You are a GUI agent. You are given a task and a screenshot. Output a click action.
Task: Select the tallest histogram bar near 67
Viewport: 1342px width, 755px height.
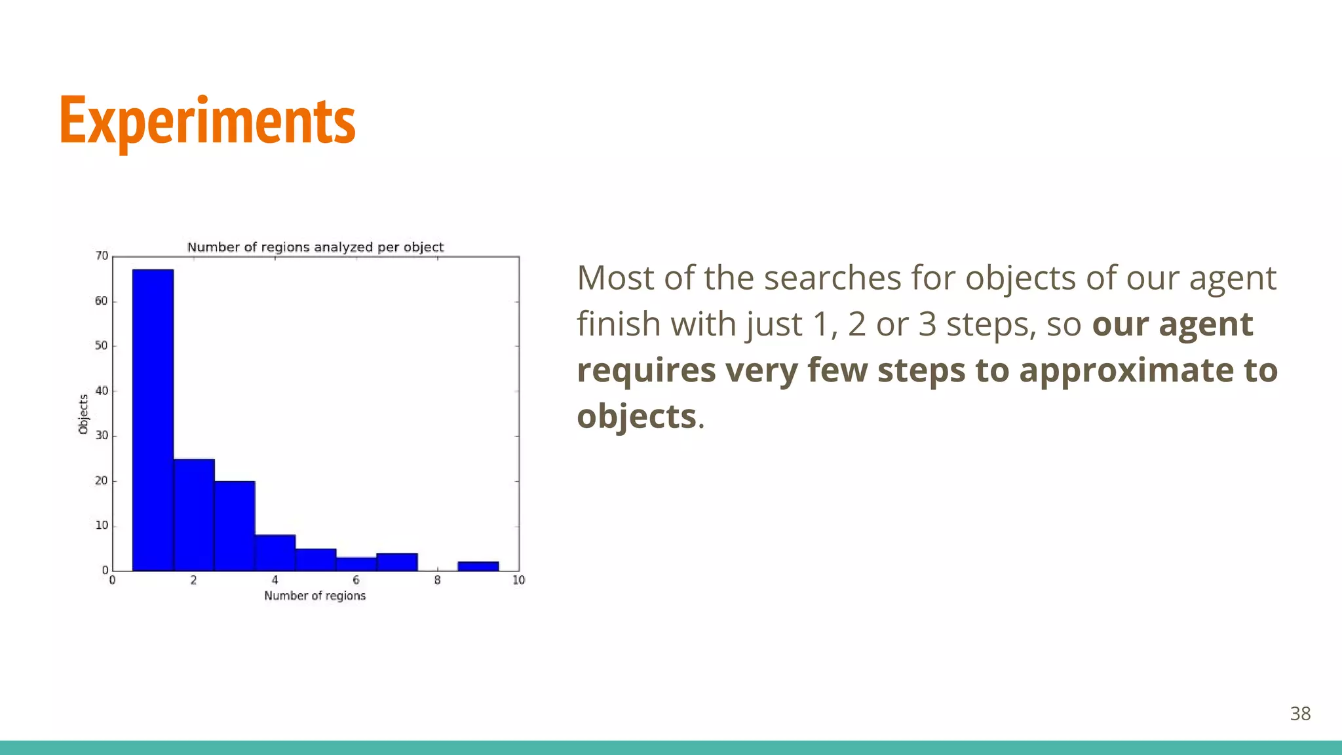[153, 419]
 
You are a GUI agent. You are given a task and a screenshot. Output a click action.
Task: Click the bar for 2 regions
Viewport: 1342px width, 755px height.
[194, 515]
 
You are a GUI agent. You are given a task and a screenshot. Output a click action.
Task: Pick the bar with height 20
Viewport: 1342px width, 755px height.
[235, 526]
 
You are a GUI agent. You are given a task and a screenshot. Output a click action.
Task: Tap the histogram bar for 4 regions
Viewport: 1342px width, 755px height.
[275, 553]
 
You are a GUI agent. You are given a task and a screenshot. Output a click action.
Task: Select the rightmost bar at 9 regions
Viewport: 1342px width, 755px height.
[478, 566]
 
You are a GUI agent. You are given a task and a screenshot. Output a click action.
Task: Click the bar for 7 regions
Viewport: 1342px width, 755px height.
[397, 562]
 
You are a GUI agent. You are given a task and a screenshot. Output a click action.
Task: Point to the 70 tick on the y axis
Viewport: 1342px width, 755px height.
[102, 256]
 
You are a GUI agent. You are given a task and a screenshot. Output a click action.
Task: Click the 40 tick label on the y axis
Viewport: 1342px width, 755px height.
[102, 391]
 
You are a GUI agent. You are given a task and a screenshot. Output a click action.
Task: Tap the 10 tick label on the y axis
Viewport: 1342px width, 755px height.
[102, 526]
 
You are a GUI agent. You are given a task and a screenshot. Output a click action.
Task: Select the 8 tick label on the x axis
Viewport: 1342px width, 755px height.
[437, 580]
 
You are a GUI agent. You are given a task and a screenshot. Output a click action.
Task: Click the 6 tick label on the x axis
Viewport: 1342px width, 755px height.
[356, 580]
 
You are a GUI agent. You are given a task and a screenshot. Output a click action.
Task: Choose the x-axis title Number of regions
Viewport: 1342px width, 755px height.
[315, 596]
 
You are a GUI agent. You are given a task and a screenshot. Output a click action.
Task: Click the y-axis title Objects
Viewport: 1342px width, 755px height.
[83, 414]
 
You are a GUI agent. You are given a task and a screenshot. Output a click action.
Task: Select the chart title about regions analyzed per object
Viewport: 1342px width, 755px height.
[315, 247]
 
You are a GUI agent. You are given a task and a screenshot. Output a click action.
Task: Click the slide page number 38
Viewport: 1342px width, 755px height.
[1300, 714]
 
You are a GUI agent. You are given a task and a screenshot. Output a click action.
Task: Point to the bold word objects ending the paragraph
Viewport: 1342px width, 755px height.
[636, 416]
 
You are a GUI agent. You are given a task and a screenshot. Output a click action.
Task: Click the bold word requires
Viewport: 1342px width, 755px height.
[645, 370]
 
